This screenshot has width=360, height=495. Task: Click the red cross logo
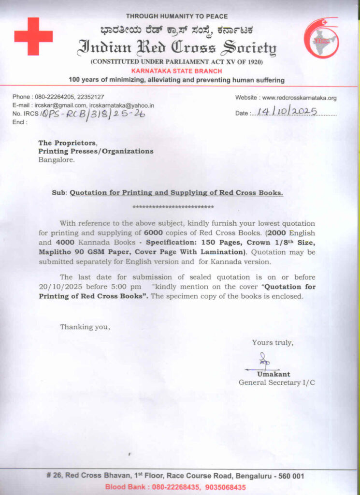click(33, 36)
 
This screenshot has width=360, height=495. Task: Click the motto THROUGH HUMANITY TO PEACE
click(177, 16)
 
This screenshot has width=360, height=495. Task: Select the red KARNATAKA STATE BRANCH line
click(176, 71)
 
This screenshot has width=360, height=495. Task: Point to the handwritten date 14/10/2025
click(287, 111)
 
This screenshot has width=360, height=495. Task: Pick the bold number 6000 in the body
click(154, 233)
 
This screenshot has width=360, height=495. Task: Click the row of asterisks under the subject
click(173, 207)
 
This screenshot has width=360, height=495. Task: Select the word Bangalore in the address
click(57, 160)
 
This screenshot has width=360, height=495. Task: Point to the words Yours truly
click(273, 343)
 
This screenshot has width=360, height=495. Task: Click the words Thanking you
click(85, 327)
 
